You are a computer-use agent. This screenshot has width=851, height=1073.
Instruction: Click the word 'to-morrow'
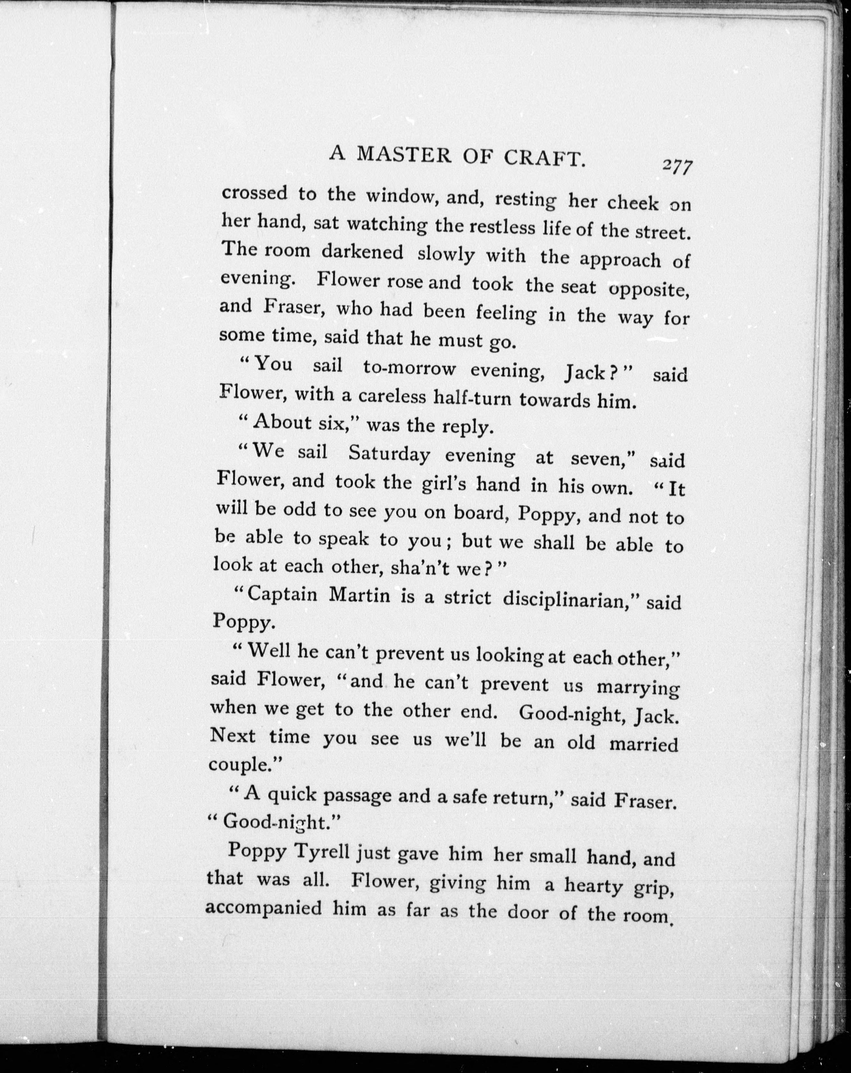tap(409, 368)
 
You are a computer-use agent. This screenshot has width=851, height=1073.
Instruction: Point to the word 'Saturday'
tap(388, 454)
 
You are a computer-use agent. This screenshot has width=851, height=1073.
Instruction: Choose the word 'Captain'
tap(282, 594)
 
